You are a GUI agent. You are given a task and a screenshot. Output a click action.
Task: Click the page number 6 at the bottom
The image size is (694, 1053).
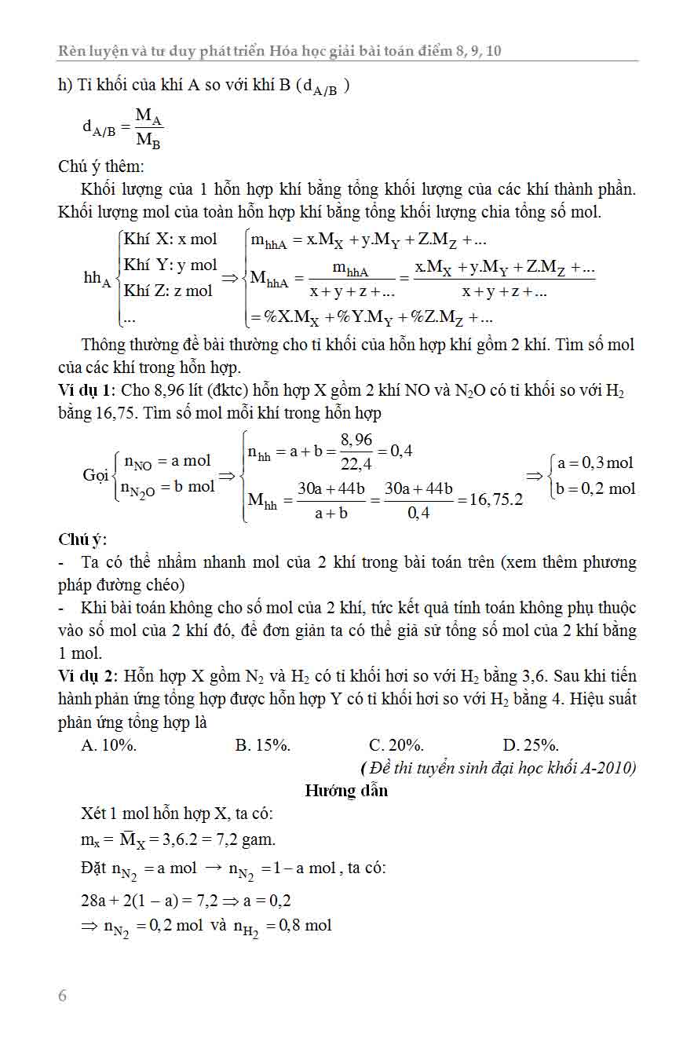(63, 996)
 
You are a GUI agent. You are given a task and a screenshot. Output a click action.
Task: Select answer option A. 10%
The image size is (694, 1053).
(109, 745)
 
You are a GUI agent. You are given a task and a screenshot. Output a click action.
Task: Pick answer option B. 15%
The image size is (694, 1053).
(263, 745)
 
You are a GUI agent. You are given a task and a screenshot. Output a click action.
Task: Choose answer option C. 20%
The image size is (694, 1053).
(396, 745)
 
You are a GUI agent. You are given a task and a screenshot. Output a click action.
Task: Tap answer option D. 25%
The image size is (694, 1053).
(531, 745)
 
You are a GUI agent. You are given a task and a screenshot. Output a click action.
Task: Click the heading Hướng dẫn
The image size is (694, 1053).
(346, 791)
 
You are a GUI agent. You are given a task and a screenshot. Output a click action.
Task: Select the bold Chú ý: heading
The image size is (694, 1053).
(82, 539)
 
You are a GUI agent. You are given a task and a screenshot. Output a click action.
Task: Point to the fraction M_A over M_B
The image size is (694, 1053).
(148, 128)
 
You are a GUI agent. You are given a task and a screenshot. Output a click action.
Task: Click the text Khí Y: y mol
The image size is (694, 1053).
(170, 265)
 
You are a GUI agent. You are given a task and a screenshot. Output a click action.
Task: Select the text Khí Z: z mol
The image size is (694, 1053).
(168, 291)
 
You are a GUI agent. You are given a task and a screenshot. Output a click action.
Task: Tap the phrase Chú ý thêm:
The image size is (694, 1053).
(101, 166)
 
